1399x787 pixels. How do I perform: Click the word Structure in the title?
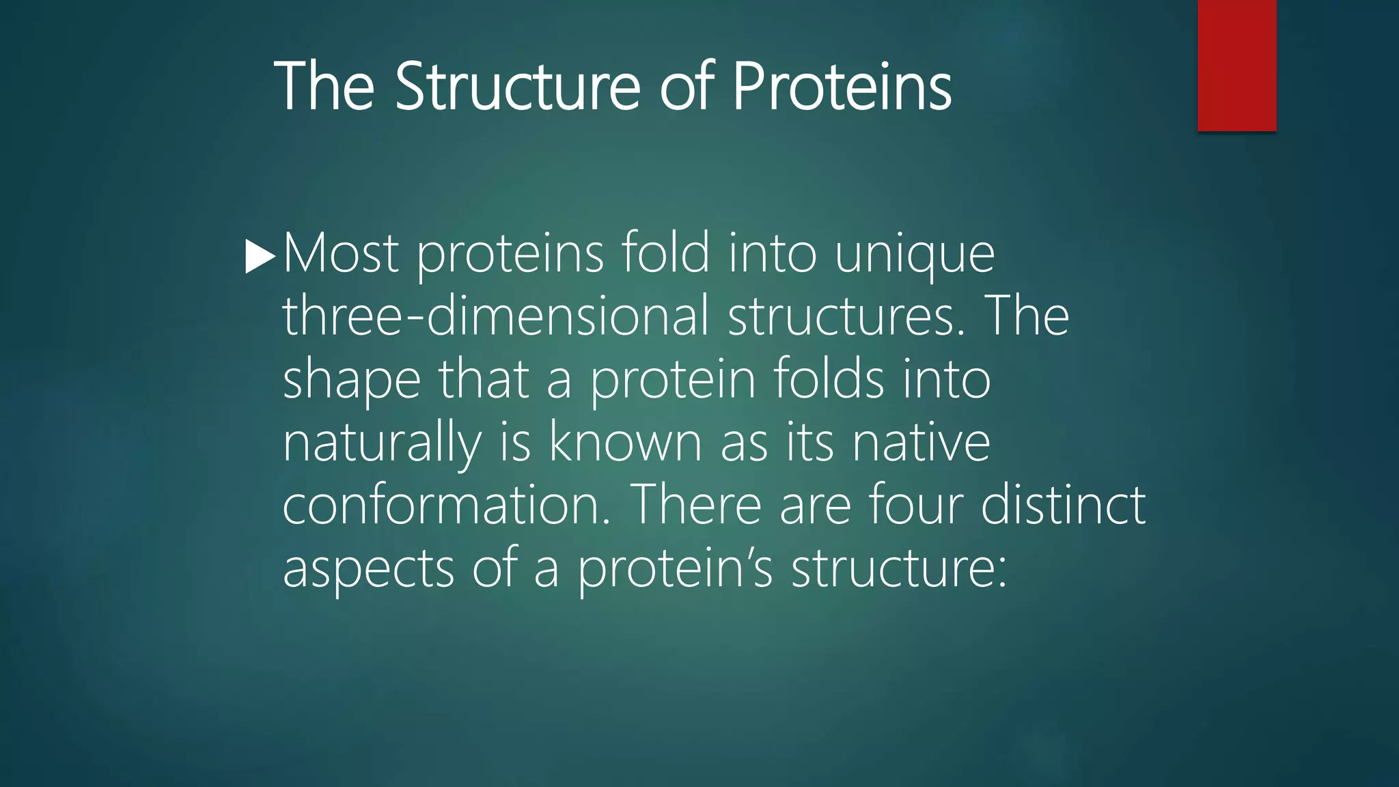517,87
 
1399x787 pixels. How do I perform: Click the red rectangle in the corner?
1236,65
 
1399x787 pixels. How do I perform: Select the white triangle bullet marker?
259,258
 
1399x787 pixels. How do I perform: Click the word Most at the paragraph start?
340,254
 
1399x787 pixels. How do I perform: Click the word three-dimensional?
496,316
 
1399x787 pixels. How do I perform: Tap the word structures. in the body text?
846,316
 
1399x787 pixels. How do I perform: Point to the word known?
625,442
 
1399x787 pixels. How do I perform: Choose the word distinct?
1063,506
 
